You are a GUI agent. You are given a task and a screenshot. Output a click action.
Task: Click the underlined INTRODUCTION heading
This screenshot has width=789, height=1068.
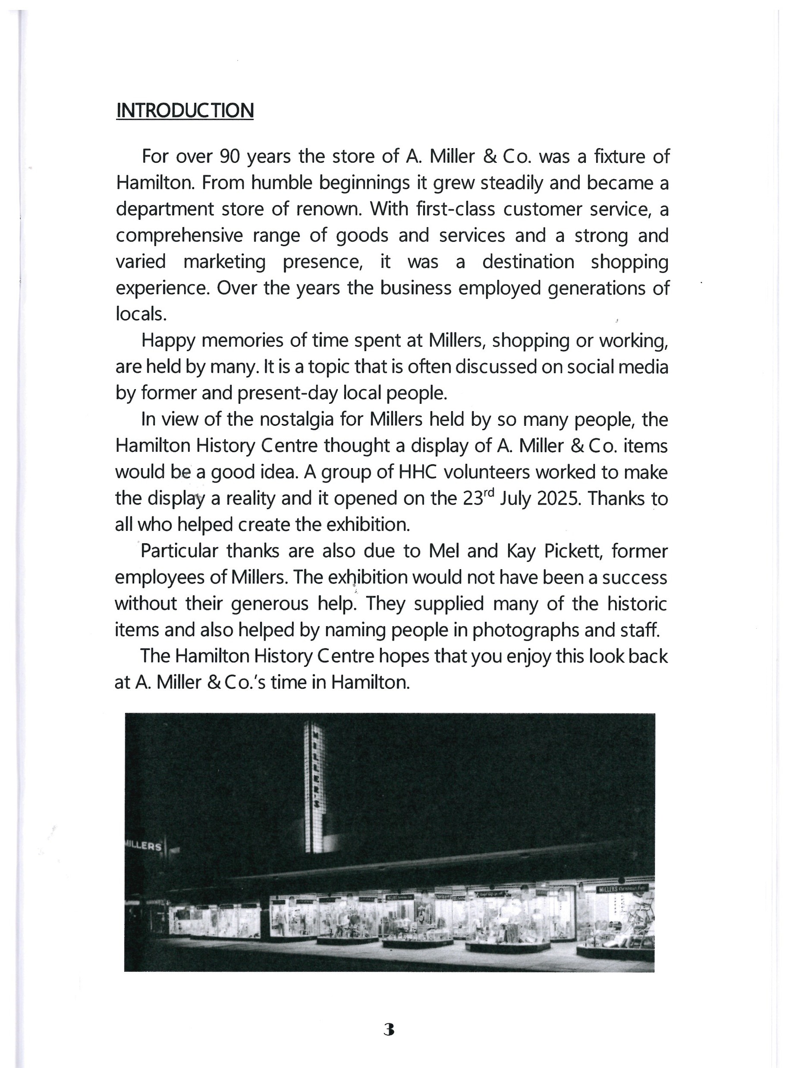click(x=184, y=111)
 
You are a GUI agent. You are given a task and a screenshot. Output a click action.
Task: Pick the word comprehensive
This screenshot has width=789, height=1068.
click(x=178, y=236)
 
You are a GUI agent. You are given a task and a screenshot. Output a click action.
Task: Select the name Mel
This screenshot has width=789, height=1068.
click(x=445, y=551)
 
